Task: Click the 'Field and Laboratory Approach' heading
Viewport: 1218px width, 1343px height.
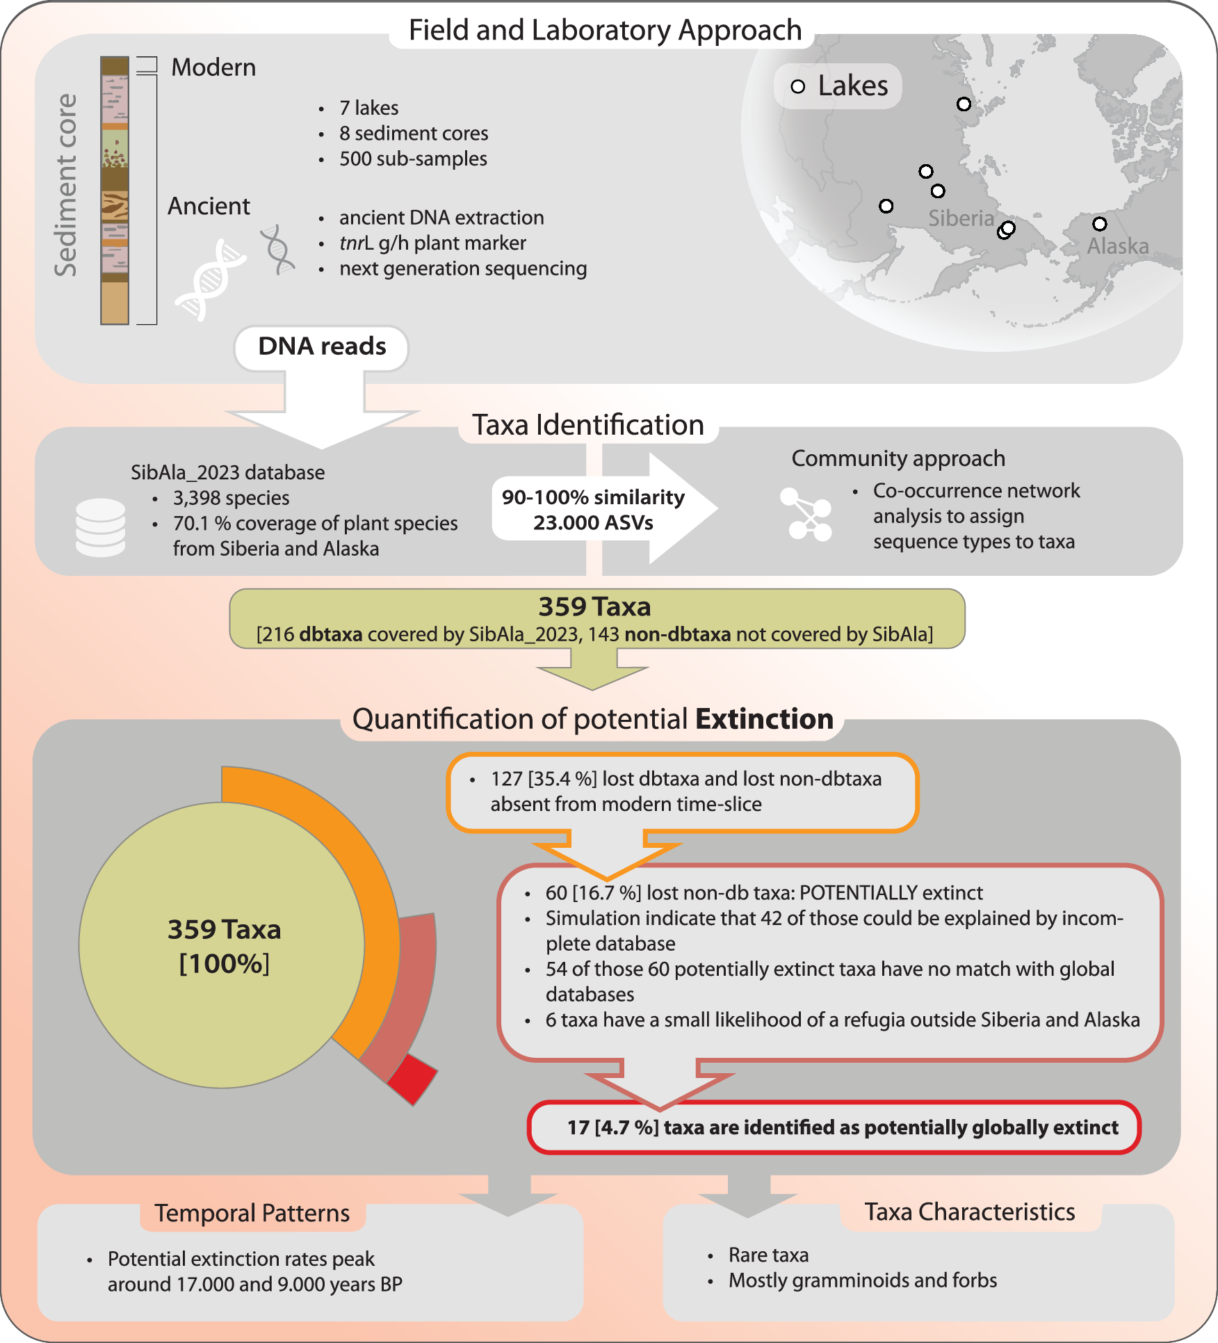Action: [605, 31]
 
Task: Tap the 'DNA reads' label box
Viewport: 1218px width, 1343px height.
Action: [322, 346]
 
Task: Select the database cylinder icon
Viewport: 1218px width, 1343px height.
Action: [101, 527]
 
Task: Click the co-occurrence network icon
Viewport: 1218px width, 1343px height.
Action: [806, 514]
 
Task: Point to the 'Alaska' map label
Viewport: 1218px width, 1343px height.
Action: [1117, 246]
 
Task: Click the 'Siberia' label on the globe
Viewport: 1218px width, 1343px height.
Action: [961, 218]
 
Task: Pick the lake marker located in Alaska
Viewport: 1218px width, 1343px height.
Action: [1099, 224]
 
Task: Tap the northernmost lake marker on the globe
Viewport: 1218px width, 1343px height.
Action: [964, 104]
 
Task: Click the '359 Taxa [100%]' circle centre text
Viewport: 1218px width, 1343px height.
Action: [224, 946]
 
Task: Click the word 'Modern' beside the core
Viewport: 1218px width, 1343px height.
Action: [213, 67]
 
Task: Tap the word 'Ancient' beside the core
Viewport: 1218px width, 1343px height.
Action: [209, 207]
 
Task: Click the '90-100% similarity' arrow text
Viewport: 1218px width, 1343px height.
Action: [593, 497]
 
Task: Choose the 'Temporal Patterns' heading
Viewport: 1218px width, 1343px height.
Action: [252, 1214]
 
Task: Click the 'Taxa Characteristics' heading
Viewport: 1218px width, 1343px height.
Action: [969, 1212]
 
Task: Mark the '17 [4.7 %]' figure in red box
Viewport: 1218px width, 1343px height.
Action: [612, 1127]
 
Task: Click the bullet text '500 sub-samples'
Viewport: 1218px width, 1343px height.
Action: [413, 159]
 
